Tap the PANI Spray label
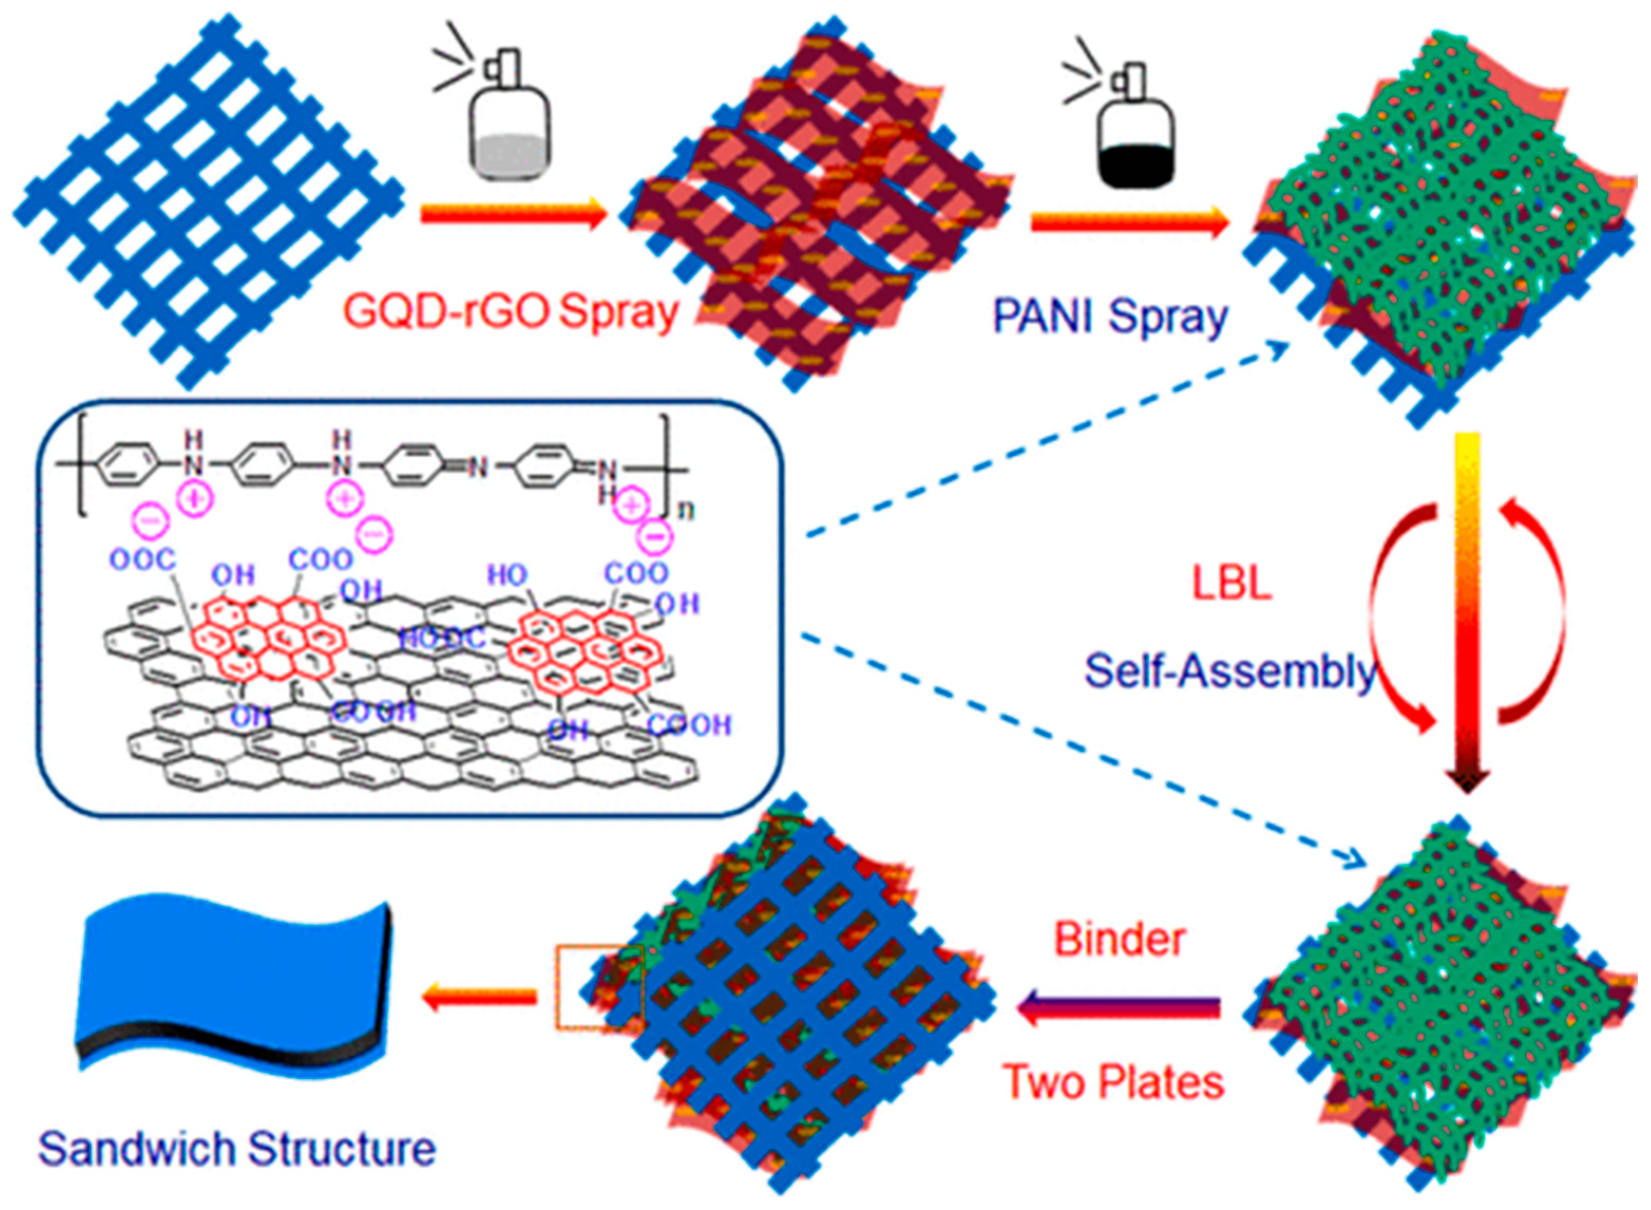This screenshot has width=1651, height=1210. tap(1109, 317)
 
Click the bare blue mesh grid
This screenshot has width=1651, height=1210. tap(208, 199)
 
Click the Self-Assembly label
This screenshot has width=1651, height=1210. tap(1230, 670)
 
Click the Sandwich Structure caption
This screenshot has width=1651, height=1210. tap(236, 1148)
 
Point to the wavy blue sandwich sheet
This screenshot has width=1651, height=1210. tap(234, 981)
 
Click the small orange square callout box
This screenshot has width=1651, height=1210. tap(599, 989)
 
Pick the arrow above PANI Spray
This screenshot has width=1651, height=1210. tap(1128, 221)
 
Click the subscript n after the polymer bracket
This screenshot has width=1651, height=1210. tap(686, 509)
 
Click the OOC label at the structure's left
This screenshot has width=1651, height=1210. tap(144, 560)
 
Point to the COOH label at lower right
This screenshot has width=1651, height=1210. tap(689, 725)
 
